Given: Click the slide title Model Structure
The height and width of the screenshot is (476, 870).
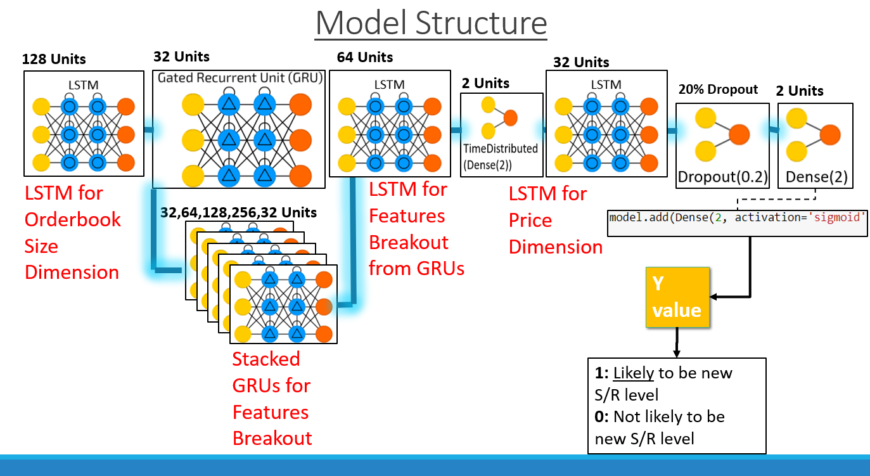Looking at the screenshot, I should (431, 23).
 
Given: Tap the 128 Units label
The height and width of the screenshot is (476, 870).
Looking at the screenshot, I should (54, 60).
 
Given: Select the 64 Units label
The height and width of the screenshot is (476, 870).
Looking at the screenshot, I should (365, 58).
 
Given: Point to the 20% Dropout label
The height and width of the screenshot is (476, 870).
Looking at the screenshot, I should (717, 89).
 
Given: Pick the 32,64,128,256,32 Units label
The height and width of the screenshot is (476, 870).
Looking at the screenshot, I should (238, 212).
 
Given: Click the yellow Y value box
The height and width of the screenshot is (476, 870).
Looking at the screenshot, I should (677, 297).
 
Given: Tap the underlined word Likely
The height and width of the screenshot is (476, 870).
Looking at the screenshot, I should (633, 373).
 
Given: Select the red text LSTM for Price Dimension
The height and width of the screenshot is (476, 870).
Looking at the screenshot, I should (555, 220).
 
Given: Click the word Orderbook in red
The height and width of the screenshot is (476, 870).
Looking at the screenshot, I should (72, 219).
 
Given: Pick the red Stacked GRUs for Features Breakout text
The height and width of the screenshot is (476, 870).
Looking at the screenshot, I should (272, 399).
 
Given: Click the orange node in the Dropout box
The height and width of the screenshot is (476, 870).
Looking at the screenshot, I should (739, 134).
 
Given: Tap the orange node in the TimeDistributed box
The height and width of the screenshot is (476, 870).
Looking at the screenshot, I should (510, 117).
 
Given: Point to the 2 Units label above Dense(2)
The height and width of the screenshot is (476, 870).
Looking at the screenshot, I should (799, 91).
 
